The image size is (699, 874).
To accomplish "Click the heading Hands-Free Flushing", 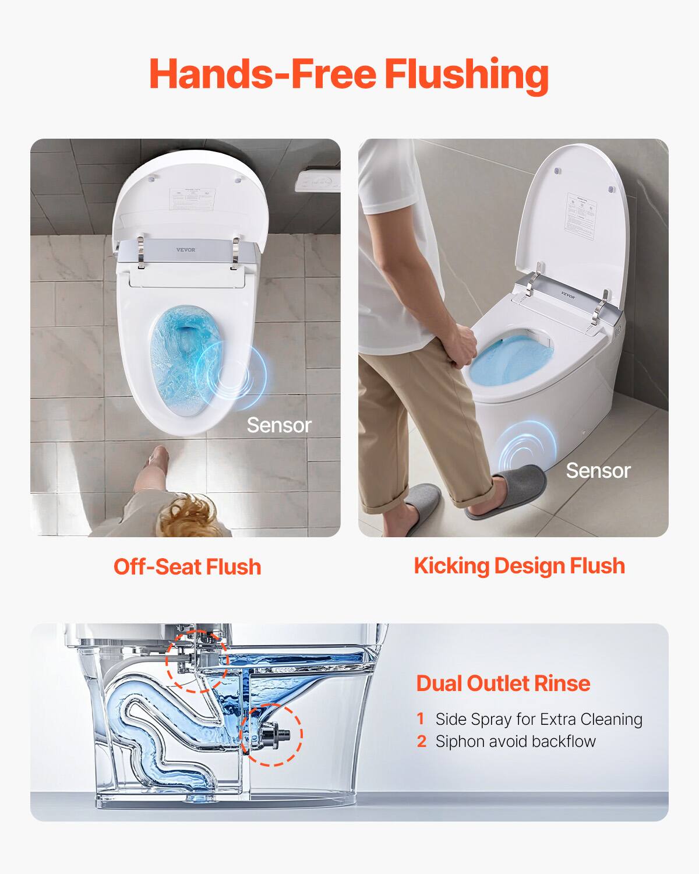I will tap(349, 74).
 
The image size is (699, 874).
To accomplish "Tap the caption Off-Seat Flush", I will tap(187, 566).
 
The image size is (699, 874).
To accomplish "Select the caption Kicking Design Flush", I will tap(519, 565).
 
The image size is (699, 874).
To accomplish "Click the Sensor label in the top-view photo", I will tap(279, 425).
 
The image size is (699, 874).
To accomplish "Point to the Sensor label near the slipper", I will tap(598, 470).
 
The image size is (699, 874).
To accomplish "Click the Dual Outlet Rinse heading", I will tap(503, 683).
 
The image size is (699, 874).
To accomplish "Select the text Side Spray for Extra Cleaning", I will tap(539, 719).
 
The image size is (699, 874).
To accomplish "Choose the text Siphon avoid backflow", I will tap(516, 741).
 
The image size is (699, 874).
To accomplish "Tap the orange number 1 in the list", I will tap(421, 719).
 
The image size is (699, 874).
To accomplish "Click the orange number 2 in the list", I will tap(422, 741).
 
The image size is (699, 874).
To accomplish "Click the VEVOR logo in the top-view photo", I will tap(186, 250).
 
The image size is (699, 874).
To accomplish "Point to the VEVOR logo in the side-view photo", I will tap(568, 295).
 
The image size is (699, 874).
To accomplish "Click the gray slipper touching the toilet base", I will tap(507, 489).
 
